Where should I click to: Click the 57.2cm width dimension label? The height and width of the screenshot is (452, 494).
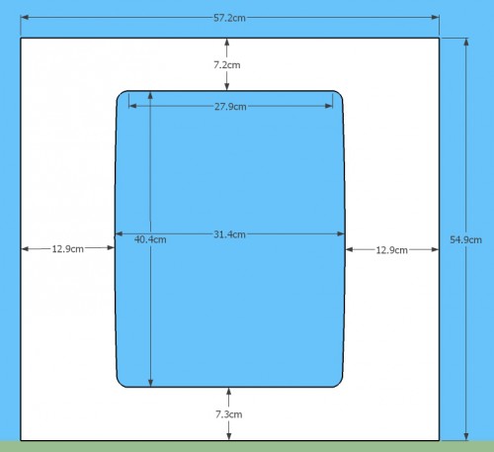(x=229, y=18)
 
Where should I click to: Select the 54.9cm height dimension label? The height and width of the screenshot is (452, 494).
(x=465, y=239)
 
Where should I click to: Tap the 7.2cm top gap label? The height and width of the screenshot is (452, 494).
(x=227, y=65)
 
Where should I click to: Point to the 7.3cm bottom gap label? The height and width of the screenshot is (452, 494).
(x=229, y=414)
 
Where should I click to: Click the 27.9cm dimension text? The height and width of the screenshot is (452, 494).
(x=230, y=107)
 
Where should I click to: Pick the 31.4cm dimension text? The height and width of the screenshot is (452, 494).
(x=229, y=234)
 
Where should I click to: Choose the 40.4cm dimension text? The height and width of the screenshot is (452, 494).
(x=150, y=239)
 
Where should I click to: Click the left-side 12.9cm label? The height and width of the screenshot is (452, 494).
(x=68, y=249)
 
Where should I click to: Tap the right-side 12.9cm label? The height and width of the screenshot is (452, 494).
(x=392, y=250)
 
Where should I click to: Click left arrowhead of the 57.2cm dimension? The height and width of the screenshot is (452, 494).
(x=25, y=17)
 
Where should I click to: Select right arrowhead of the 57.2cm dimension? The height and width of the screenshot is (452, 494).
(x=435, y=17)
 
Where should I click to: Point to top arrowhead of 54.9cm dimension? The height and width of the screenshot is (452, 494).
(x=466, y=43)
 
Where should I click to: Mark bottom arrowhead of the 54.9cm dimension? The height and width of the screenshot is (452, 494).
(x=466, y=436)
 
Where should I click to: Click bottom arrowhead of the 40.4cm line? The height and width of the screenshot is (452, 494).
(x=150, y=383)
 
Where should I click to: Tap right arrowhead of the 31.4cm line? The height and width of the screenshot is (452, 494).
(x=341, y=233)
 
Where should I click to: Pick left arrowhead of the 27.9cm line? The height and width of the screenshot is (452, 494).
(x=132, y=106)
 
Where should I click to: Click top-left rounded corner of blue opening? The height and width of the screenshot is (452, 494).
(x=120, y=94)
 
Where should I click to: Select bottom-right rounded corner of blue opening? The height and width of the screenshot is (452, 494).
(x=340, y=384)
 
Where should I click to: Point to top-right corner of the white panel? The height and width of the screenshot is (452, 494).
(x=440, y=39)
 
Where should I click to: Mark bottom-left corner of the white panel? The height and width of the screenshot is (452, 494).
(x=21, y=440)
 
